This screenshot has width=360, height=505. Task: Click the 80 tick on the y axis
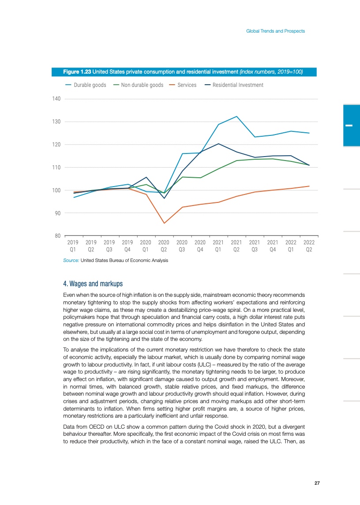tap(57, 236)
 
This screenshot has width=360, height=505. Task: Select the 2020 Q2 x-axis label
tap(164, 246)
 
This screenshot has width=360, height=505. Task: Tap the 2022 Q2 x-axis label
tap(309, 246)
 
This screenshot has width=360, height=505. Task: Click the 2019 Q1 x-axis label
tap(73, 246)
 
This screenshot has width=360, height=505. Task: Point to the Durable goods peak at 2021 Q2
tap(237, 116)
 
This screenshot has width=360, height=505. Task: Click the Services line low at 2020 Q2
tap(164, 223)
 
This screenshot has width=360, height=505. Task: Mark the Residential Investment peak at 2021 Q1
tap(218, 144)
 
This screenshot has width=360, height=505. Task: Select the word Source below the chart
tap(71, 261)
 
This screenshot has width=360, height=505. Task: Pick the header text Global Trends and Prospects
tap(275, 31)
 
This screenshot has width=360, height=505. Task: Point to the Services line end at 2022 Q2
tap(309, 186)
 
